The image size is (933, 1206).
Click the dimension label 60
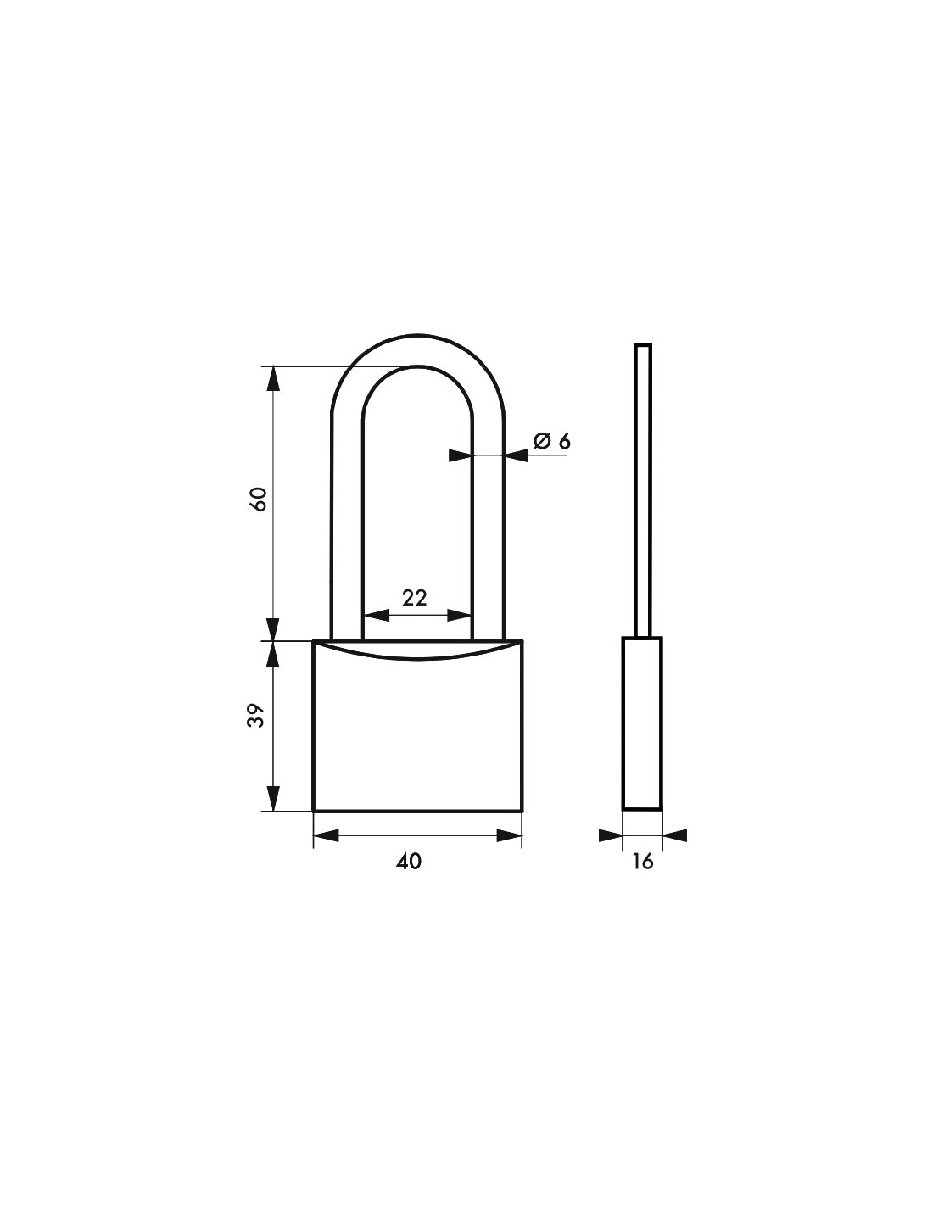pyautogui.click(x=260, y=500)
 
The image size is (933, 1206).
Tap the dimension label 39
pyautogui.click(x=260, y=716)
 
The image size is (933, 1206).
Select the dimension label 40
pyautogui.click(x=408, y=862)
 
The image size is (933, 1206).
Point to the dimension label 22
pyautogui.click(x=414, y=597)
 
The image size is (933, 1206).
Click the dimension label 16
pyautogui.click(x=643, y=862)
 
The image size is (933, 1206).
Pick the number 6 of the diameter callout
pyautogui.click(x=564, y=440)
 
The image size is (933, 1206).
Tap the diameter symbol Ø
pyautogui.click(x=542, y=440)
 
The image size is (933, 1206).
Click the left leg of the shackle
pyautogui.click(x=346, y=526)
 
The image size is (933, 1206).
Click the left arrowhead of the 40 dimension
pyautogui.click(x=326, y=836)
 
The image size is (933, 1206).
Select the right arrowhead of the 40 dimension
pyautogui.click(x=509, y=836)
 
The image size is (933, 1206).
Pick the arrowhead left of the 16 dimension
pyautogui.click(x=610, y=836)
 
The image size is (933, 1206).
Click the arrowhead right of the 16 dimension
pyautogui.click(x=674, y=836)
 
